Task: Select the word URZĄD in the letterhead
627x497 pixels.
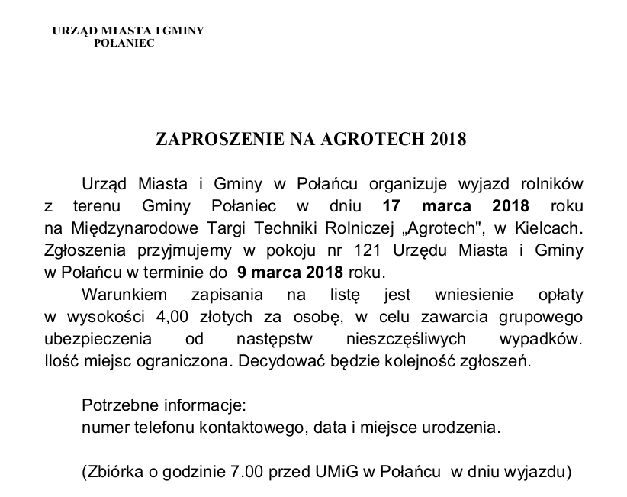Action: coord(72,31)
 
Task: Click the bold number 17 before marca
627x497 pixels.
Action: coord(391,206)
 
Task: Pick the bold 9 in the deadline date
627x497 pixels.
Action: coord(242,272)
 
